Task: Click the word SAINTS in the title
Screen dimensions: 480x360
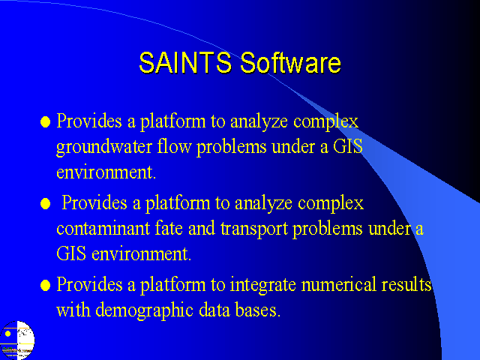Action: pos(185,62)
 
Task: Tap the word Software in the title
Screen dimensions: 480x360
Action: pos(290,62)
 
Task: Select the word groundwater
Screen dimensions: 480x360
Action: pos(104,147)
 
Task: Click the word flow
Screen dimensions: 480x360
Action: pos(175,146)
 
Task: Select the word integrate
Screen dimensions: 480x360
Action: pos(263,285)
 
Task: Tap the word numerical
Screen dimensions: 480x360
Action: pos(338,284)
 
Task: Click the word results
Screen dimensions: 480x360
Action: pos(406,284)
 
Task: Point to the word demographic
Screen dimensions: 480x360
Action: pos(144,310)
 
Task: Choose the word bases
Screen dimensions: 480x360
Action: pos(258,310)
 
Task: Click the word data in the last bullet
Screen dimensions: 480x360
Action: pos(214,310)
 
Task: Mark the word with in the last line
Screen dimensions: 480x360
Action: pos(73,310)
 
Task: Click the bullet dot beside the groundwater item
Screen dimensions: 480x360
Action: pos(45,121)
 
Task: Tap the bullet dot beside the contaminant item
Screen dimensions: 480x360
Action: pos(45,203)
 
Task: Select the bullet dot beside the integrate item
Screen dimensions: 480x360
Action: pos(45,285)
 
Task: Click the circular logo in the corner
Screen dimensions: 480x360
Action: pos(17,340)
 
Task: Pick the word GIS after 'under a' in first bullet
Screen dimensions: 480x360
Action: pos(348,146)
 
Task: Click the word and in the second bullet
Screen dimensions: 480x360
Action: pos(202,228)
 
